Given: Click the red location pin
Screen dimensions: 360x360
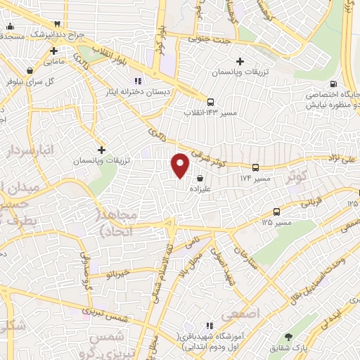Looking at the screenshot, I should click(180, 165).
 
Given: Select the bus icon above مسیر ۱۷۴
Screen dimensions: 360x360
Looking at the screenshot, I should click(255, 168).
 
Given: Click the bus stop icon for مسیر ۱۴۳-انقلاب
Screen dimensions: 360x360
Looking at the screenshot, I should click(211, 101).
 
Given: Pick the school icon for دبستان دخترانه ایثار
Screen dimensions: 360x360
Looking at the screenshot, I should click(137, 79).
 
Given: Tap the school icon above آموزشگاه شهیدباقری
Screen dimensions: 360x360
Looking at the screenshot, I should click(209, 326).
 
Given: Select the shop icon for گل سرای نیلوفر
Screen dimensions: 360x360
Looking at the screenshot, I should click(30, 70).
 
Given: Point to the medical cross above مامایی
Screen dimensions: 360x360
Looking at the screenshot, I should click(53, 51).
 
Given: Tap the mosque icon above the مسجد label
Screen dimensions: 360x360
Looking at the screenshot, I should click(10, 27).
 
